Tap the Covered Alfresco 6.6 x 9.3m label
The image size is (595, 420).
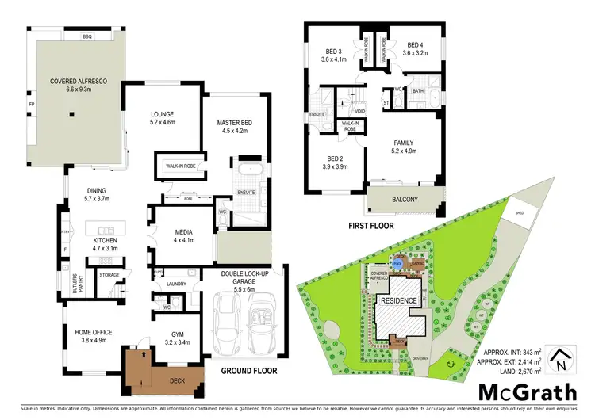[x=73, y=86]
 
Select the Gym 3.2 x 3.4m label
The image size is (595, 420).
[x=178, y=339]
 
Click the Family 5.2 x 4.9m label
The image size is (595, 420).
[x=404, y=148]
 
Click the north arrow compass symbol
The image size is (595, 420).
[x=562, y=358]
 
